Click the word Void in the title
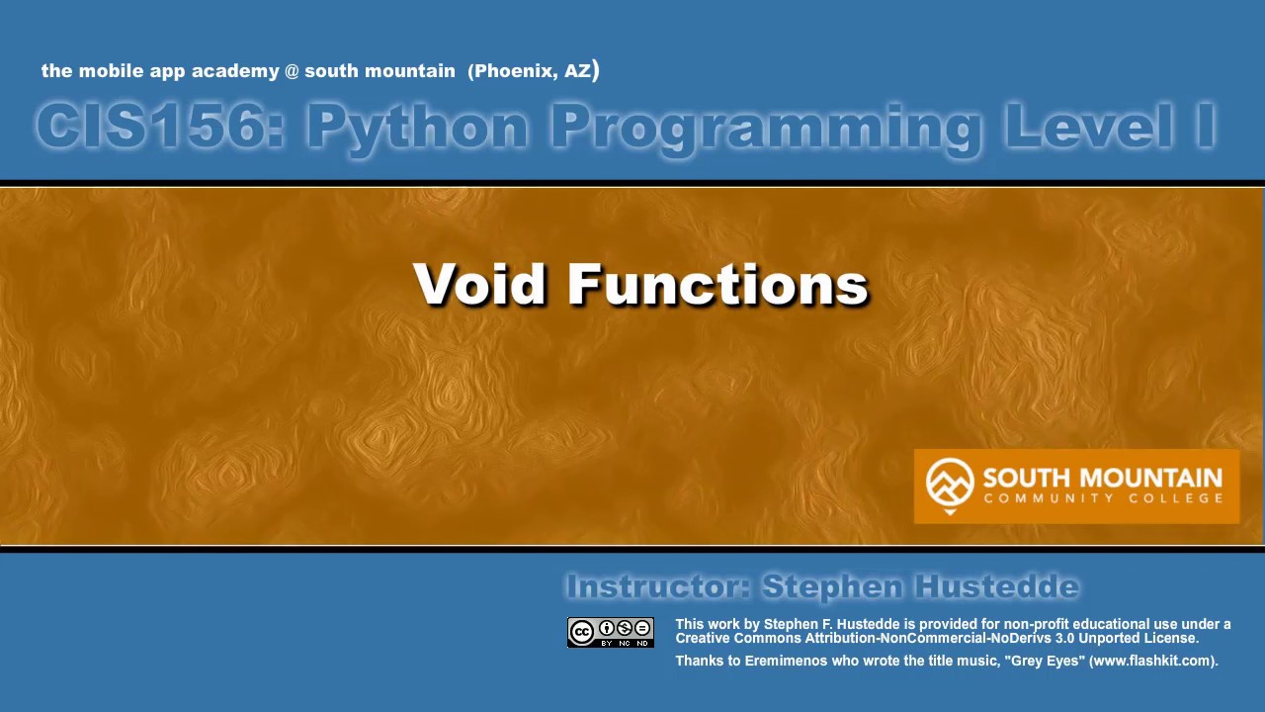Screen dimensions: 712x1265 pyautogui.click(x=481, y=285)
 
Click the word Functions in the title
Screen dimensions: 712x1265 pyautogui.click(x=717, y=285)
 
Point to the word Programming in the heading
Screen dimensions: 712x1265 pyautogui.click(x=766, y=128)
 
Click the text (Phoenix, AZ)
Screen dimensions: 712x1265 pyautogui.click(x=534, y=71)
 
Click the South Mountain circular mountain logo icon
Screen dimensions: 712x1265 pyautogui.click(x=949, y=483)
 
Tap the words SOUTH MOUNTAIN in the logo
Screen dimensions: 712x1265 pyautogui.click(x=1102, y=479)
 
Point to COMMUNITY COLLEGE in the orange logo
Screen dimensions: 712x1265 pyautogui.click(x=1102, y=498)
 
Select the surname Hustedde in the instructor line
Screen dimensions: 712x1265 pyautogui.click(x=996, y=587)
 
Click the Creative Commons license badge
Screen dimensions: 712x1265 pyautogui.click(x=611, y=633)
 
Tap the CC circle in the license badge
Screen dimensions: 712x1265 pyautogui.click(x=582, y=632)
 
